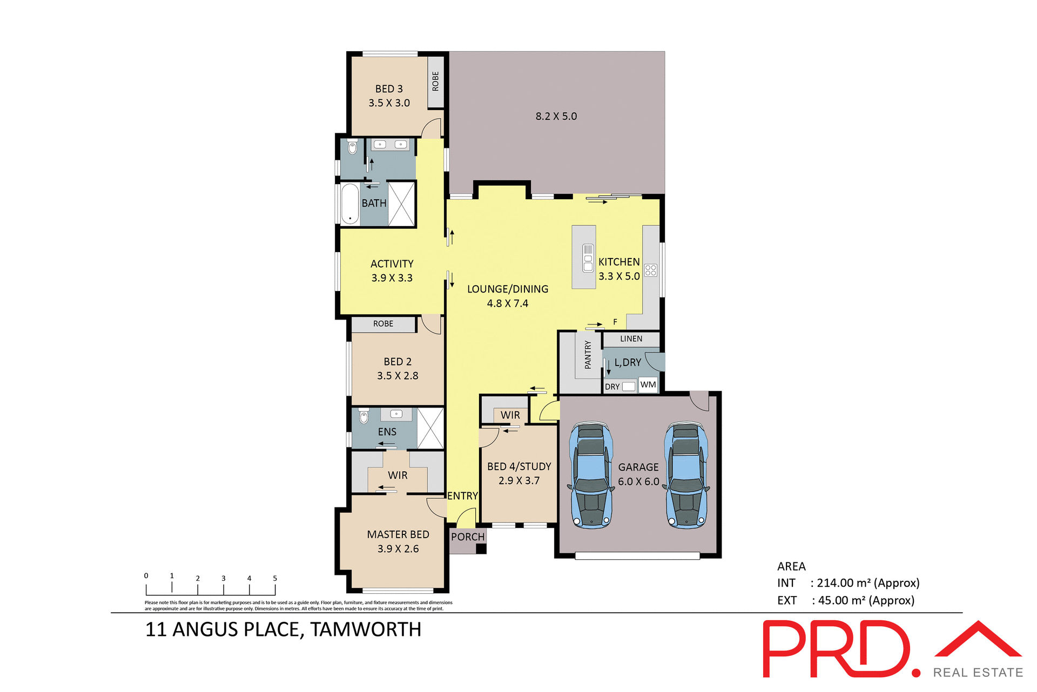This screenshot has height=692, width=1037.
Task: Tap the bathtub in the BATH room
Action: coord(351,204)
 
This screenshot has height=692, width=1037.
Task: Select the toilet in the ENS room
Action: coord(364,416)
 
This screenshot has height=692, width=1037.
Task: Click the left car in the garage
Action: coord(591,476)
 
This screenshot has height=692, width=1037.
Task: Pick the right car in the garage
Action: coord(686,476)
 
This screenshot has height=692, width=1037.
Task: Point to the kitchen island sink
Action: coord(588,258)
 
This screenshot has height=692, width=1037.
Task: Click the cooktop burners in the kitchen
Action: coord(651,270)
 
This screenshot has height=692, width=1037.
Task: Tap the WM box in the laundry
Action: coord(648,385)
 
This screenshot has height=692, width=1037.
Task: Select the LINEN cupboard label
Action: coord(631,339)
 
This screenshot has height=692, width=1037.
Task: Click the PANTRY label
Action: coord(588,355)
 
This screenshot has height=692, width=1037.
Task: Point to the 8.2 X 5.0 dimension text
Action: coord(556,116)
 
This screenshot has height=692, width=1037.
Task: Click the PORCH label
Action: coord(468,537)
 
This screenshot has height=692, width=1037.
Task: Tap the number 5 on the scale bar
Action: coord(275,578)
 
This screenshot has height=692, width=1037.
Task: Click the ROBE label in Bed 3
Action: coord(435,82)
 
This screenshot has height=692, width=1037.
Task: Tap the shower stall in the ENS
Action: coord(430,429)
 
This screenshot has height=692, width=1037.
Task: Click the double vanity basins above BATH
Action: coord(390,145)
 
